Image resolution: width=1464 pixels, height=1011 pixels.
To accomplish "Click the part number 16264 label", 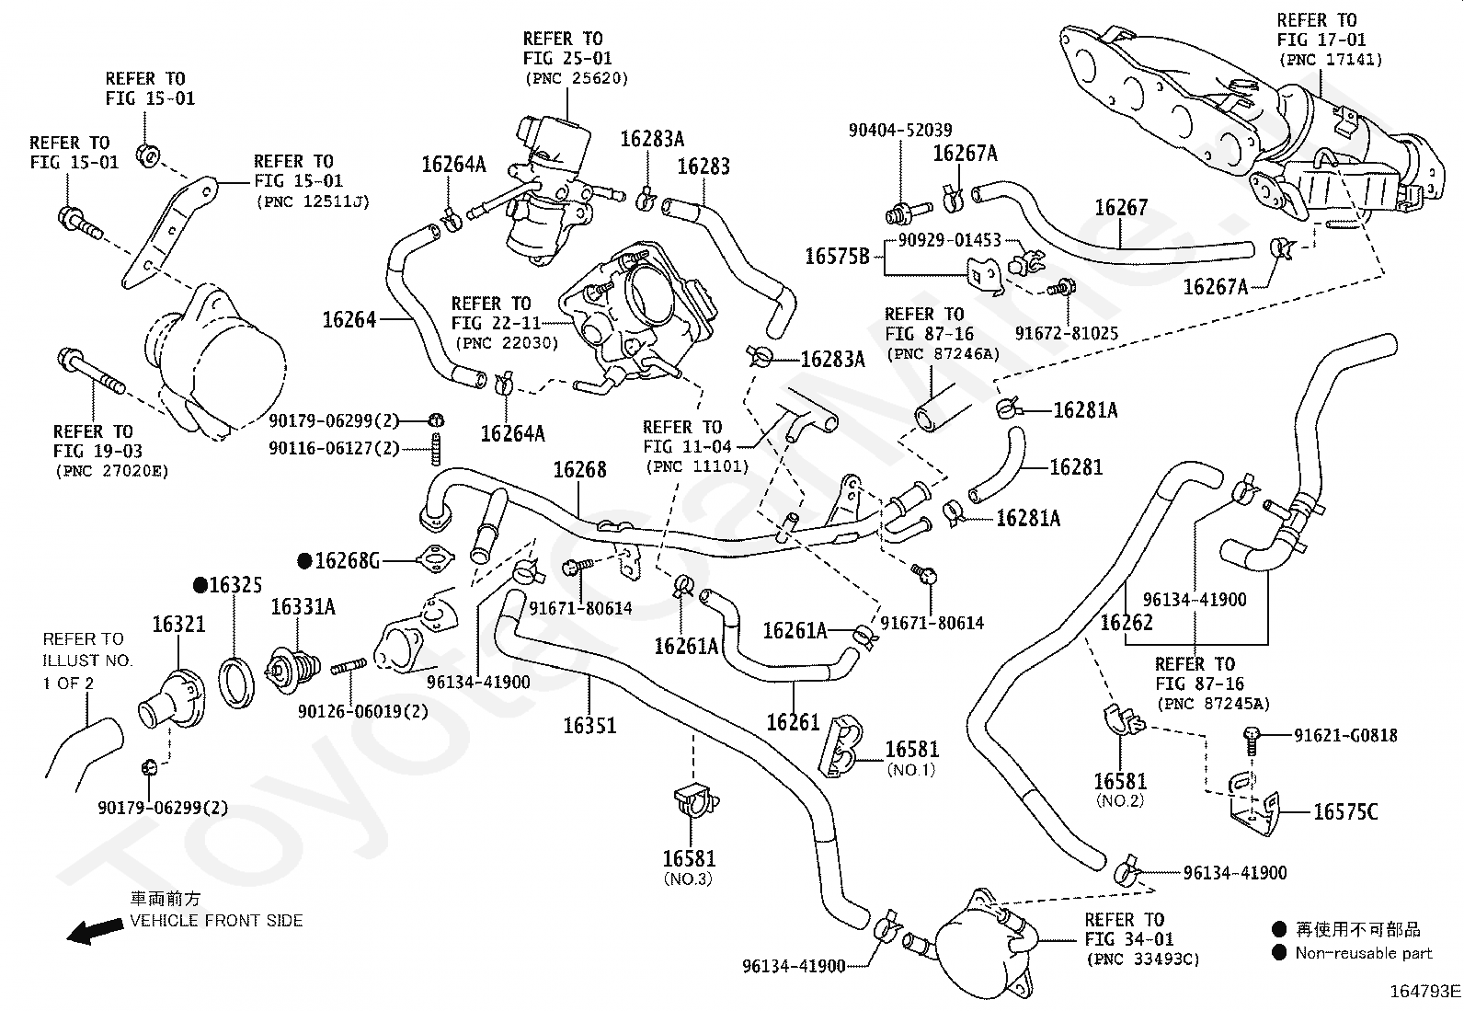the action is tap(349, 320).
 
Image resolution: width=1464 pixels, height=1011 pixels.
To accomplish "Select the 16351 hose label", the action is tap(589, 725).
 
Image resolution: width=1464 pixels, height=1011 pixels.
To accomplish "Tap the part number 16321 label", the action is tap(178, 625).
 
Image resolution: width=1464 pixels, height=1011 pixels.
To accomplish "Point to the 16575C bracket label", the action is tap(1345, 811).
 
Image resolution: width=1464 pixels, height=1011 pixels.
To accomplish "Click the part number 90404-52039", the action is tap(900, 130).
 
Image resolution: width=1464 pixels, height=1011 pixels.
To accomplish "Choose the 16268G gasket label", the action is tap(347, 561).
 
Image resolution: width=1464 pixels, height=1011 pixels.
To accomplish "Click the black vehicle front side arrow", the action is tap(96, 931).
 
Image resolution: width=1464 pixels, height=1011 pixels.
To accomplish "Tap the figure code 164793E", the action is tap(1424, 992).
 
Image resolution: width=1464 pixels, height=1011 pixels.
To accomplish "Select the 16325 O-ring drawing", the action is tap(236, 684).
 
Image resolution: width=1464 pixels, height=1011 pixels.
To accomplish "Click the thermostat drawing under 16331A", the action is tap(292, 670).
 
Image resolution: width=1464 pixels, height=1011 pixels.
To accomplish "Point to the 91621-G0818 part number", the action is tap(1345, 736).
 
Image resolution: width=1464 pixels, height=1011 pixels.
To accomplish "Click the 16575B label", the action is tap(837, 257).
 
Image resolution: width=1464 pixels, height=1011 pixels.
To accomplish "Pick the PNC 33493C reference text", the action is tap(1143, 959).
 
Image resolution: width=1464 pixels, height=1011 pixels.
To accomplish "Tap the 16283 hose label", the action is tap(703, 167).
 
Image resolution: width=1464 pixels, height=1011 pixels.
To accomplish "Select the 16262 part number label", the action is tap(1127, 623).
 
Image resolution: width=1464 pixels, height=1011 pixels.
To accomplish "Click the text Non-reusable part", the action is tap(1364, 953).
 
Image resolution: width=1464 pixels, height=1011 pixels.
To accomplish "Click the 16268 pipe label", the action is tap(579, 469).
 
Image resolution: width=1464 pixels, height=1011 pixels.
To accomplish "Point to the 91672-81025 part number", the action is tap(1067, 334).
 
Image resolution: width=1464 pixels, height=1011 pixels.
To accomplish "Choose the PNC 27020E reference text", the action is tap(112, 471).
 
